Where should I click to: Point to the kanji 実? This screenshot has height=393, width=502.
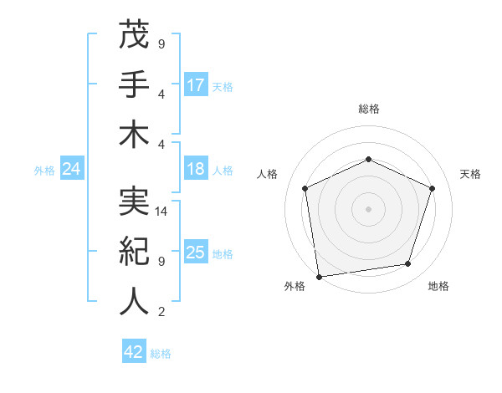point(134,202)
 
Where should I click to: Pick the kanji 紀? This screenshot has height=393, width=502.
point(134,251)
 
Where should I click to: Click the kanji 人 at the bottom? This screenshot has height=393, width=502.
point(134,301)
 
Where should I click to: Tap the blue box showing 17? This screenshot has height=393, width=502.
point(196,85)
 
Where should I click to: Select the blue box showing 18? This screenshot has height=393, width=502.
point(196,169)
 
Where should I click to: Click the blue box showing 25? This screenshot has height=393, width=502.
point(196,253)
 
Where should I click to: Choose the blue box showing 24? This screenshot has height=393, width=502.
point(71,169)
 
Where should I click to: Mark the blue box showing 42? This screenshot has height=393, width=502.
point(134,352)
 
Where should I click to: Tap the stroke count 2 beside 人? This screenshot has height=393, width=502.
point(161,313)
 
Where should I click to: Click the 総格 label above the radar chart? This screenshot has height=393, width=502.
point(368,109)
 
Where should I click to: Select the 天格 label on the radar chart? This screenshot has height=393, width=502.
point(470,174)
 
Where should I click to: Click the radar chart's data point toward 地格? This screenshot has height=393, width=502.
point(408,264)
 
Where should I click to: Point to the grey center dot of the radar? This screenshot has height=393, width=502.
point(368,208)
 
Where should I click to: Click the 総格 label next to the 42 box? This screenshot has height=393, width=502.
point(161,354)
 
